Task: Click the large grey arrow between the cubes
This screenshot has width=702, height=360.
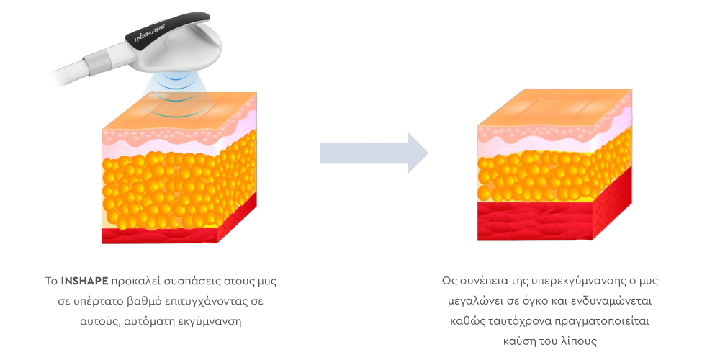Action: click(374, 153)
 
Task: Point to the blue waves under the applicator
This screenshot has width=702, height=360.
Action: click(172, 96)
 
